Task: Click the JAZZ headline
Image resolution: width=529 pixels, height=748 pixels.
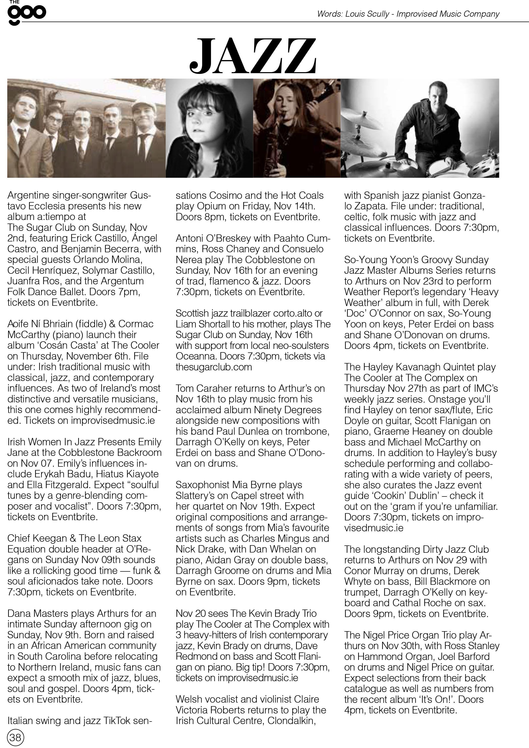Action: click(x=253, y=56)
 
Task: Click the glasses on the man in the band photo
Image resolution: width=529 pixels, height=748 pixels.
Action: click(x=54, y=119)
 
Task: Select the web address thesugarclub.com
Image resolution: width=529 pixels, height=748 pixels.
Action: click(x=214, y=367)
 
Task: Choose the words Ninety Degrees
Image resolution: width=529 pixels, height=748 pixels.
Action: click(x=287, y=410)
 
